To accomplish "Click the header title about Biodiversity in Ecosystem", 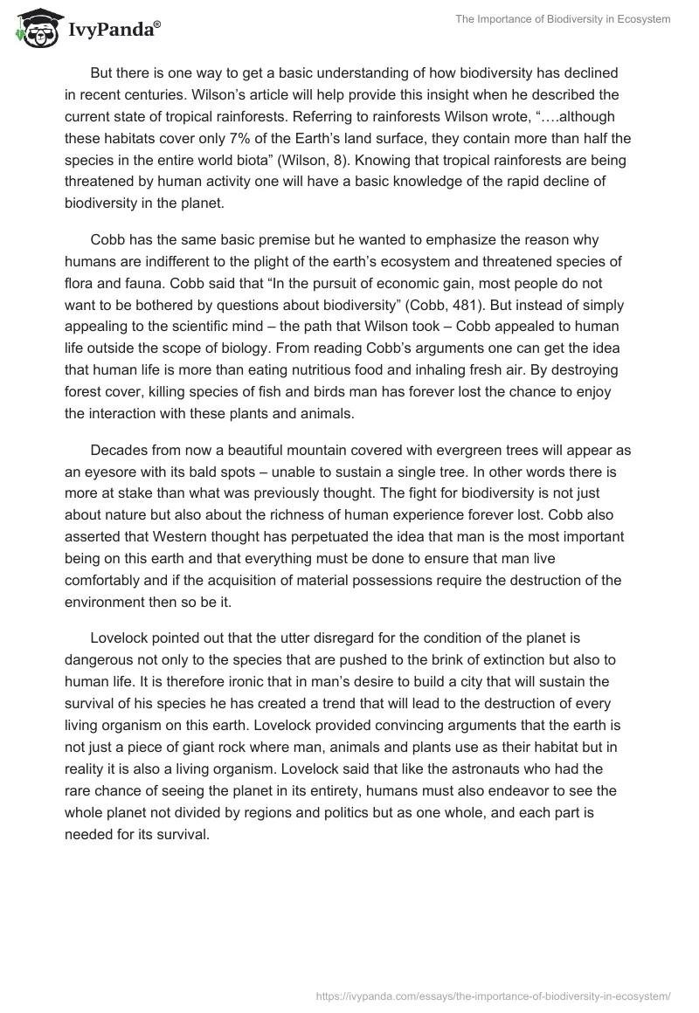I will tap(562, 18).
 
